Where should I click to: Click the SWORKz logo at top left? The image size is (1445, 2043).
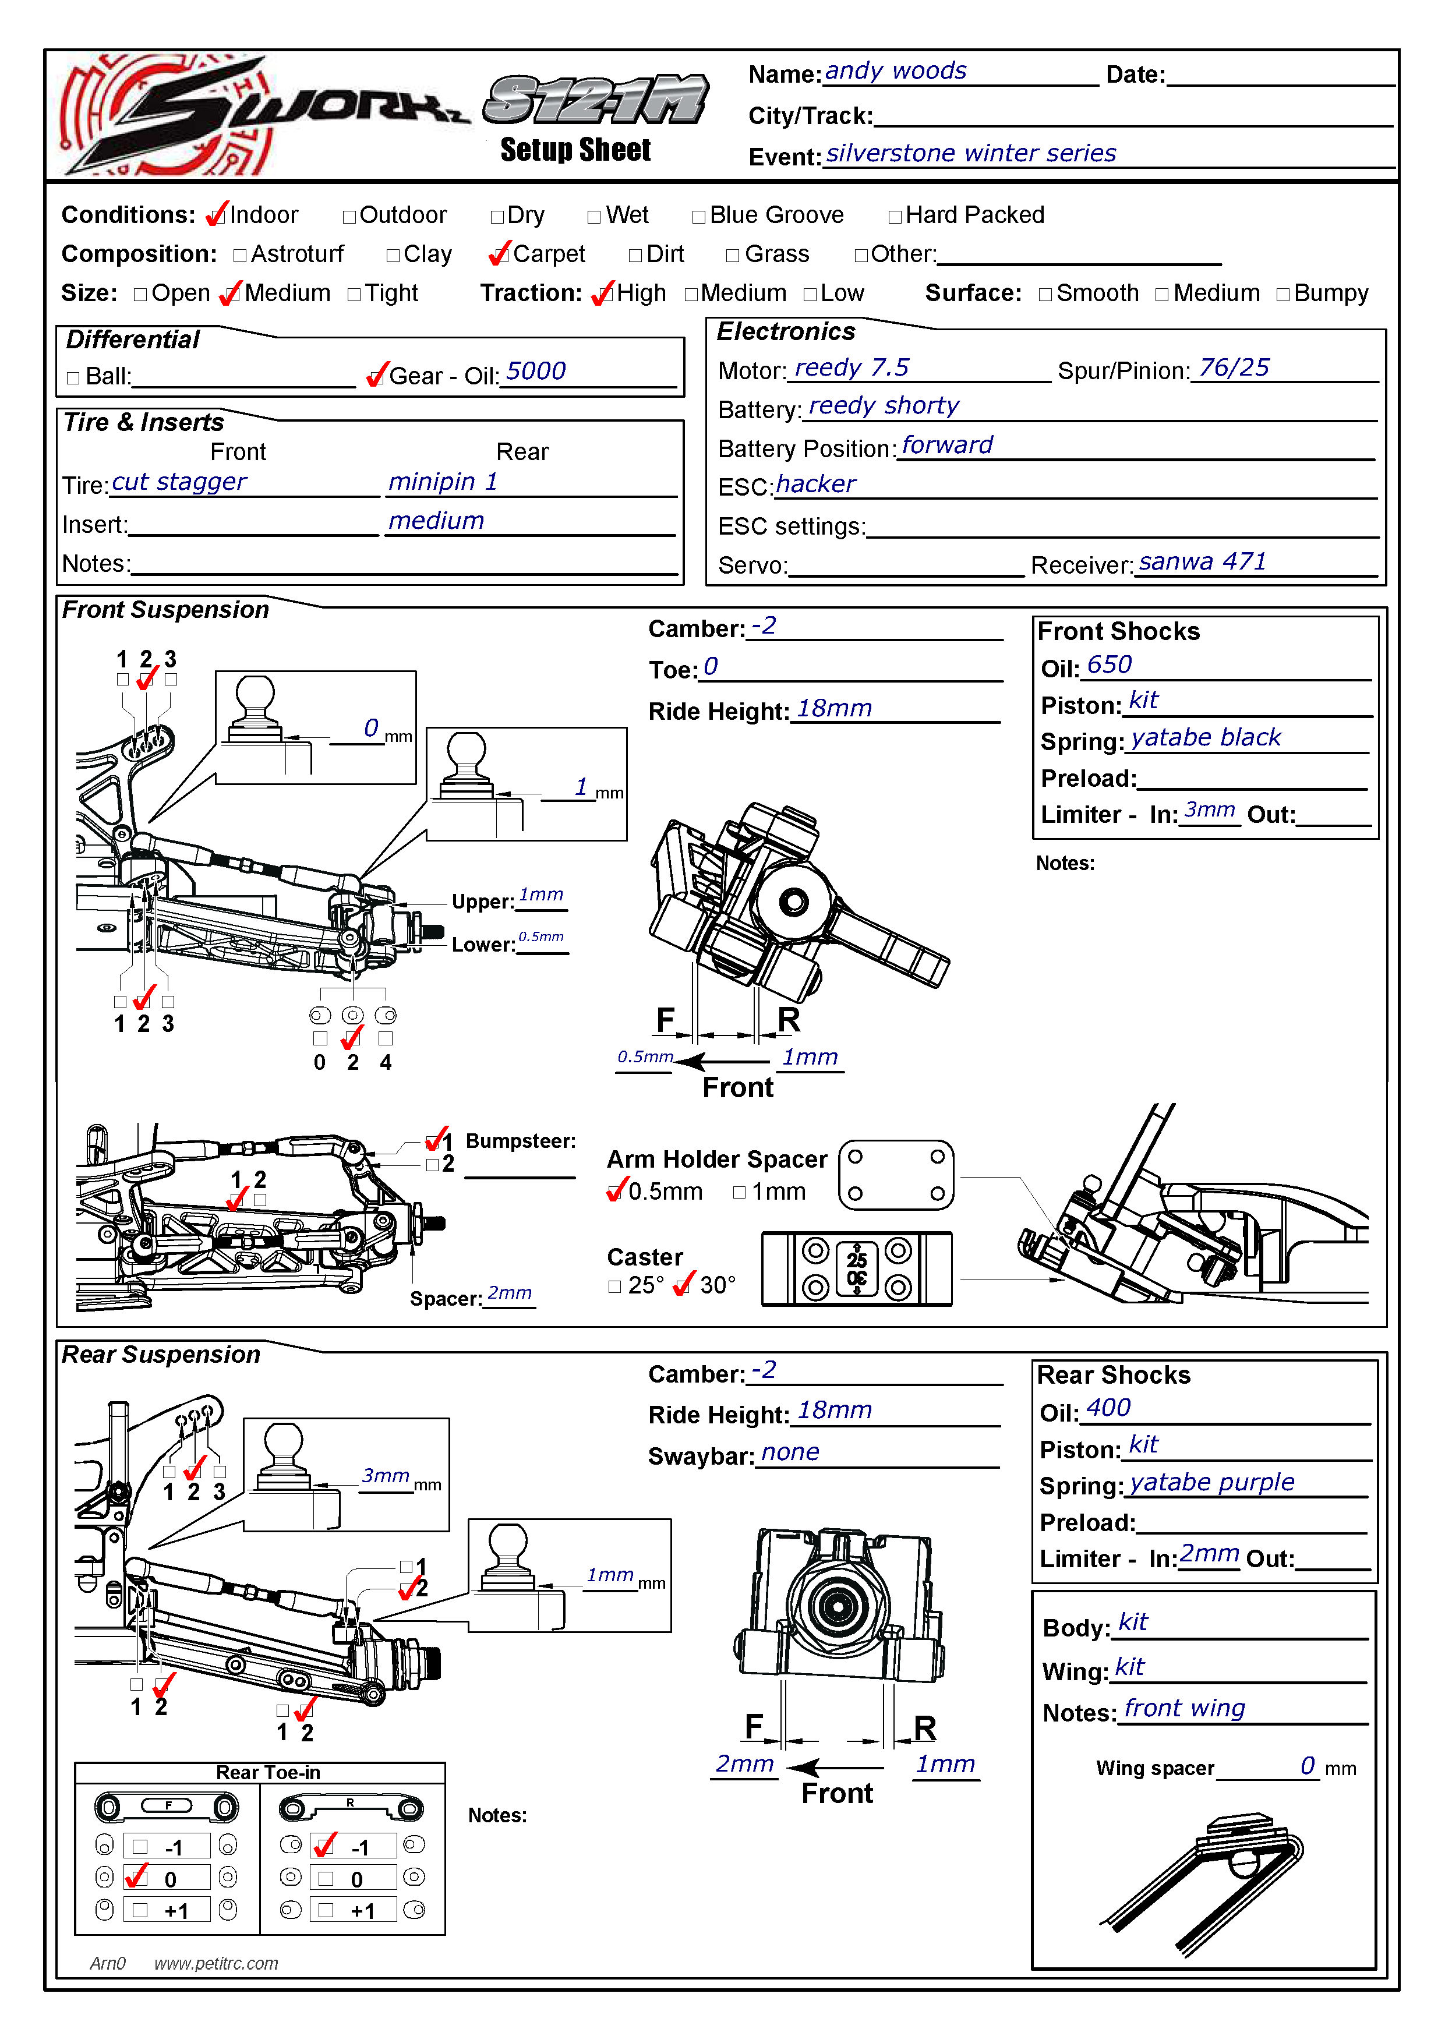click(x=258, y=114)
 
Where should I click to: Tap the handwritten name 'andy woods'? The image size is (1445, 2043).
click(x=895, y=71)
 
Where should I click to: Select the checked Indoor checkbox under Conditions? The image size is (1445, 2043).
click(x=215, y=216)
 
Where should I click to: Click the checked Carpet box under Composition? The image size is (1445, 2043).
click(x=499, y=255)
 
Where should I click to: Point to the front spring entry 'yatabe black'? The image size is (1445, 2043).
click(x=1206, y=738)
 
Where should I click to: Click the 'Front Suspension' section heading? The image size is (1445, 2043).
click(x=165, y=610)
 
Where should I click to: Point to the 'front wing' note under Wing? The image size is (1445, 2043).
click(x=1184, y=1709)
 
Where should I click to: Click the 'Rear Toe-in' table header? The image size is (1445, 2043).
click(x=268, y=1773)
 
